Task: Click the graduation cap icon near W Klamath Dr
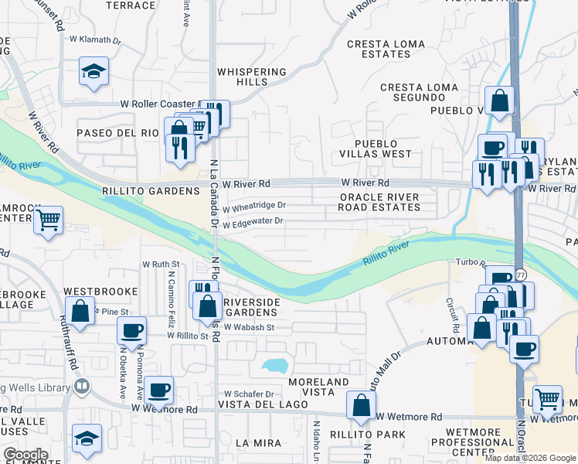93,73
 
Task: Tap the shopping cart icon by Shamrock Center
49,220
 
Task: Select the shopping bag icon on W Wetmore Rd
361,404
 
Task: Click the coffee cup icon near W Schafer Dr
159,390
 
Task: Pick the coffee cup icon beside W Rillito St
131,330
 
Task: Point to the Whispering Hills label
251,77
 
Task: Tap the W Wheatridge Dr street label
254,206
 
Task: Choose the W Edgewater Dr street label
254,223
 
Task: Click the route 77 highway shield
522,275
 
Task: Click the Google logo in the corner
25,455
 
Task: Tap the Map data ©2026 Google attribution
529,458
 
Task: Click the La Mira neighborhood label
253,442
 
